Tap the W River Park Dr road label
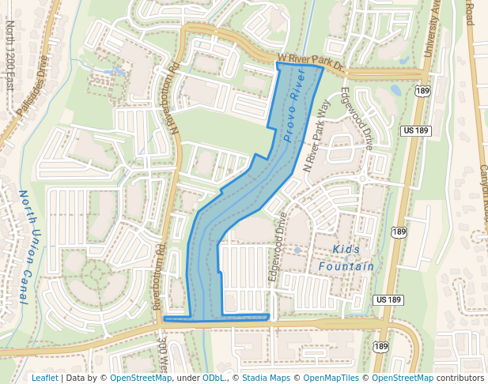(310, 63)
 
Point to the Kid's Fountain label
(346, 258)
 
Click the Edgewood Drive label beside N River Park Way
(356, 118)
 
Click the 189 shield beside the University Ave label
(422, 92)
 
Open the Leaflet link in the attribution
(44, 378)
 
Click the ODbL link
(214, 378)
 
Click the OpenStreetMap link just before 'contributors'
(403, 378)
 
